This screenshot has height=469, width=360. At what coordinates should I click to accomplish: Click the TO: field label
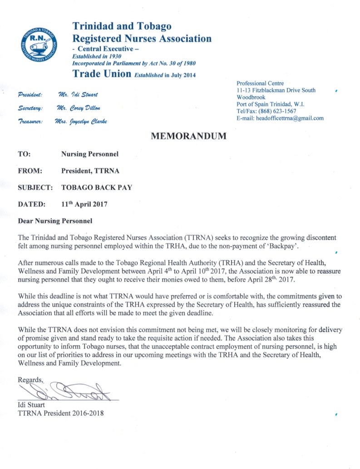(24, 154)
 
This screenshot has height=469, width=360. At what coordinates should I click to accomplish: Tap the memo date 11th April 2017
(84, 204)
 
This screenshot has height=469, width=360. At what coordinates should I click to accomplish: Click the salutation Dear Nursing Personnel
(54, 221)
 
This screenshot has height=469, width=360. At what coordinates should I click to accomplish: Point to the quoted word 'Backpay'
(281, 246)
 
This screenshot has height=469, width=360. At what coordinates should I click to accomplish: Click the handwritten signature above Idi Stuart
(68, 391)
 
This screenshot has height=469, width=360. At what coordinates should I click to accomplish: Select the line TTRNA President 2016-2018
(63, 413)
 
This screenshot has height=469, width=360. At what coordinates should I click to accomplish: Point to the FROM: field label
(30, 171)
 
